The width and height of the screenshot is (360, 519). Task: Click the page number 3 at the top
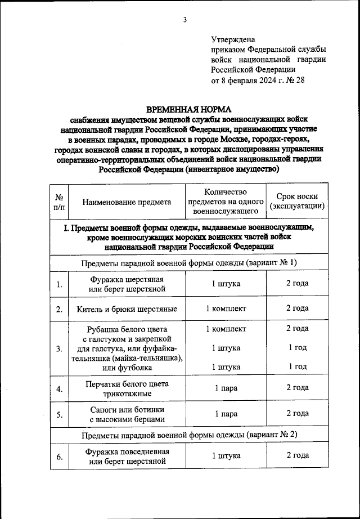(184, 21)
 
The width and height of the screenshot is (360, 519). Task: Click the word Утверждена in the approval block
(233, 40)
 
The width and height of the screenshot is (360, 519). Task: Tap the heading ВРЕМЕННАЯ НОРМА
(188, 109)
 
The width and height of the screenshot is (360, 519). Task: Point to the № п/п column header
(58, 203)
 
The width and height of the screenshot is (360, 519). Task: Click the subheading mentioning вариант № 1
(188, 263)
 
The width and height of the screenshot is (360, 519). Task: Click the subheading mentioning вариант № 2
(188, 435)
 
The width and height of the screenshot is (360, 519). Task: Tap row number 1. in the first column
(58, 285)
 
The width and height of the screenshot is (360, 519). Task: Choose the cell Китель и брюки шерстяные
(127, 309)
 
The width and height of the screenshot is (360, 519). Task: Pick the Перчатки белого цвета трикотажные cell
(127, 388)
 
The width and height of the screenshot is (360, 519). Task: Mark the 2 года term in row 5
(297, 413)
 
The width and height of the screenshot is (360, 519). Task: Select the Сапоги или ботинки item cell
(127, 414)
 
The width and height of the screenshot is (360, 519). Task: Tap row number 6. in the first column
(58, 457)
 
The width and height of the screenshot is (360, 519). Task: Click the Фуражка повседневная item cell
(127, 457)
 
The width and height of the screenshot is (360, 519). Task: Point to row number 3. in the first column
(58, 348)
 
